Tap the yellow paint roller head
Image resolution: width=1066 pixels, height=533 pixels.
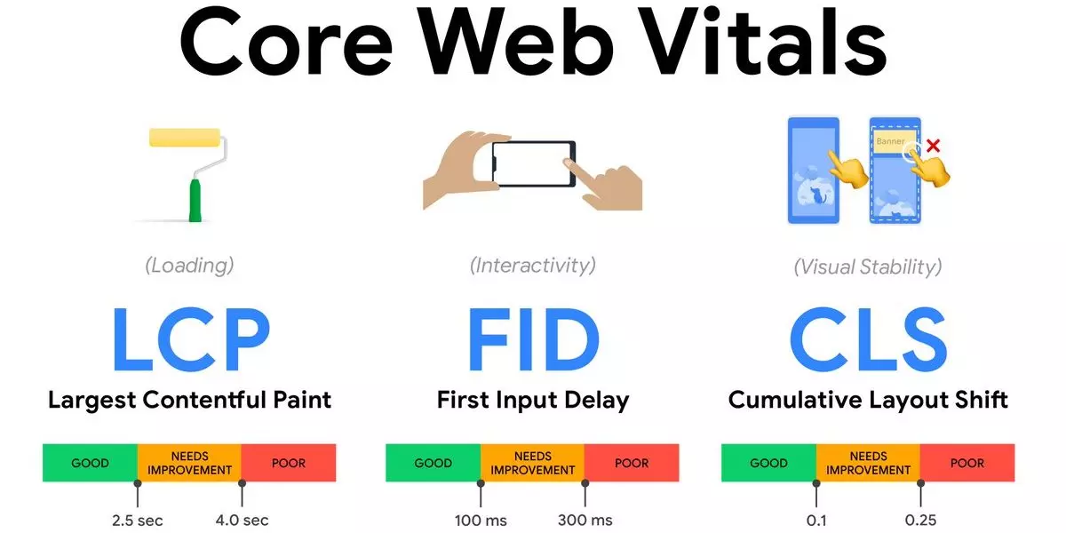pos(185,137)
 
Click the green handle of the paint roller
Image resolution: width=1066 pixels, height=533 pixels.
pos(195,200)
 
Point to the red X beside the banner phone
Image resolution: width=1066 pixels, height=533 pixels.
pos(934,146)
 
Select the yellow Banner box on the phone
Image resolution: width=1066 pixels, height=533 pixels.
pos(895,141)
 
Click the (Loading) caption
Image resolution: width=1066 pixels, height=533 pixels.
pos(189,266)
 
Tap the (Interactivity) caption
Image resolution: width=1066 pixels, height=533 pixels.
pos(532,266)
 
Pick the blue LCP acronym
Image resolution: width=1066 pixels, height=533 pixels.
pos(192,338)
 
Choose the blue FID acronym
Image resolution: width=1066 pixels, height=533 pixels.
pos(534,338)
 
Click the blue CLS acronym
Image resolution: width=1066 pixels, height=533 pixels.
pos(869,338)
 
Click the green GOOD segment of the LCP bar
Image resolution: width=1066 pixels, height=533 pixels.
pos(90,463)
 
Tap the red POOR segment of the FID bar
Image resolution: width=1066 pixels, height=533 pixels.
pos(632,463)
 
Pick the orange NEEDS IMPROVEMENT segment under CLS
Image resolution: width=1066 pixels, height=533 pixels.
pos(869,463)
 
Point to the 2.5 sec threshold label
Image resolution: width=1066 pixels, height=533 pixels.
pos(137,521)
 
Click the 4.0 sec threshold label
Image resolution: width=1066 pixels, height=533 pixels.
pos(242,521)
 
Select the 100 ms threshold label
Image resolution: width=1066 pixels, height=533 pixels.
pos(481,521)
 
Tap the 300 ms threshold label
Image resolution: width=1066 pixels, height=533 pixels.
pos(585,521)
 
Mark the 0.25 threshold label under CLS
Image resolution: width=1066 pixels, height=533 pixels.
pos(920,521)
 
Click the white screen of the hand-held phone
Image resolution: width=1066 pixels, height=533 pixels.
pos(532,163)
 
